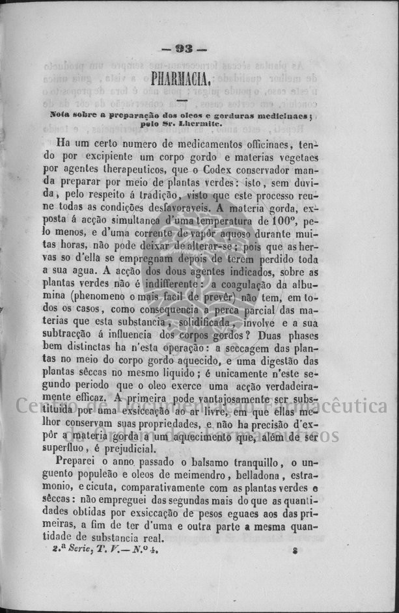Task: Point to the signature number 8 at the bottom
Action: (295, 550)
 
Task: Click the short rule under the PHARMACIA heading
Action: (182, 99)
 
